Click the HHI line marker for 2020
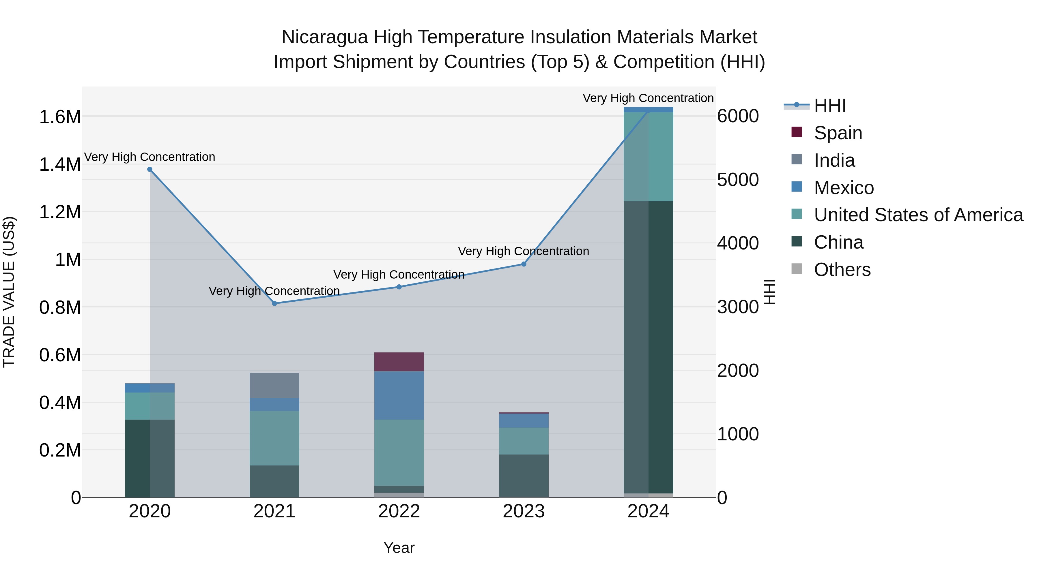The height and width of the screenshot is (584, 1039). click(150, 169)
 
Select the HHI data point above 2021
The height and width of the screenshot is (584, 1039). click(274, 303)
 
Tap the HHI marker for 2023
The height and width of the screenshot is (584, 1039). click(524, 264)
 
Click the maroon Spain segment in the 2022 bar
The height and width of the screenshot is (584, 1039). click(399, 362)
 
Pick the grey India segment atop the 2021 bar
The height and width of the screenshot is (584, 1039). click(274, 385)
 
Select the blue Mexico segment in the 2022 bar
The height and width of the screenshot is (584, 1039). click(399, 395)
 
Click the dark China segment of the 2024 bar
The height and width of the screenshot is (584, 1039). click(648, 347)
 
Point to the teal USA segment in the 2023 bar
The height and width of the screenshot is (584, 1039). click(524, 441)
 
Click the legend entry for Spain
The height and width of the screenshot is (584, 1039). click(838, 133)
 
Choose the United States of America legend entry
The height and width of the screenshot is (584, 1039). click(918, 215)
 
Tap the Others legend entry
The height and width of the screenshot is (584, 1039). click(842, 270)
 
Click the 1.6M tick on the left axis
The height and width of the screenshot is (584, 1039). click(60, 117)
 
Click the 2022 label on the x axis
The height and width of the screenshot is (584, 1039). click(399, 511)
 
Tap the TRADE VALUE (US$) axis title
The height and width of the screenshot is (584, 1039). click(9, 292)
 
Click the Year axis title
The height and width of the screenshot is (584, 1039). click(399, 548)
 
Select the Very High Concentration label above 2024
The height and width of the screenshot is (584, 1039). click(648, 98)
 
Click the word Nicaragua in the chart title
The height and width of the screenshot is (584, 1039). click(324, 37)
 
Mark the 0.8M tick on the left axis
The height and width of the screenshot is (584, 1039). click(60, 307)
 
